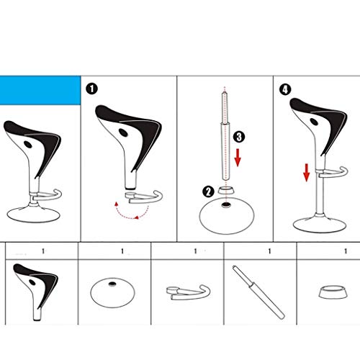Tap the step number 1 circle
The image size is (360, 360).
91,89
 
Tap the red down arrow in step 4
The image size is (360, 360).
305,172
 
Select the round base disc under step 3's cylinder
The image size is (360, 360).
227,215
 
